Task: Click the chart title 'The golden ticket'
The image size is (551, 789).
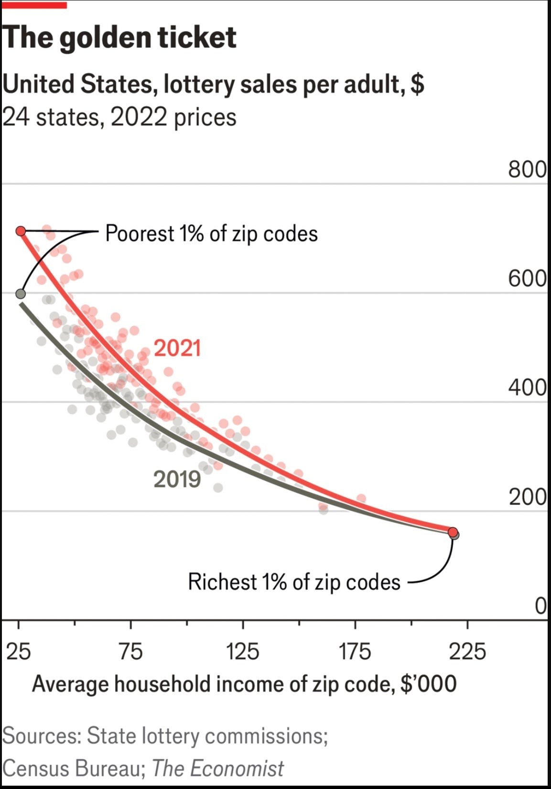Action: tap(119, 38)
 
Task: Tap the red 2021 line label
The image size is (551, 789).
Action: tap(177, 348)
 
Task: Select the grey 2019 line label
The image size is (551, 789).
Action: tap(177, 479)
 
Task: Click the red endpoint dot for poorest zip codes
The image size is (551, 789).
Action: tap(21, 232)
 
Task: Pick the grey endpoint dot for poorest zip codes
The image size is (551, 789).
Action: tap(21, 293)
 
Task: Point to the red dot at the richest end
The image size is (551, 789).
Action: tap(453, 532)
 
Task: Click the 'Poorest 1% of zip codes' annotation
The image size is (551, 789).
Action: tap(212, 233)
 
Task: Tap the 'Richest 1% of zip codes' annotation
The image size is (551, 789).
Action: tap(294, 582)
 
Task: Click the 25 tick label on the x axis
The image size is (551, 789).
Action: tap(19, 651)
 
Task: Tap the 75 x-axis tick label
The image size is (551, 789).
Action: tap(131, 651)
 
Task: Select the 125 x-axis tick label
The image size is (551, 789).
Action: tap(243, 651)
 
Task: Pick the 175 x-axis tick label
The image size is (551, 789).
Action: tap(355, 651)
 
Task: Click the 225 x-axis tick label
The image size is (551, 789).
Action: tap(467, 651)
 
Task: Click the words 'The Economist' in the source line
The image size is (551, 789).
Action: tap(218, 768)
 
